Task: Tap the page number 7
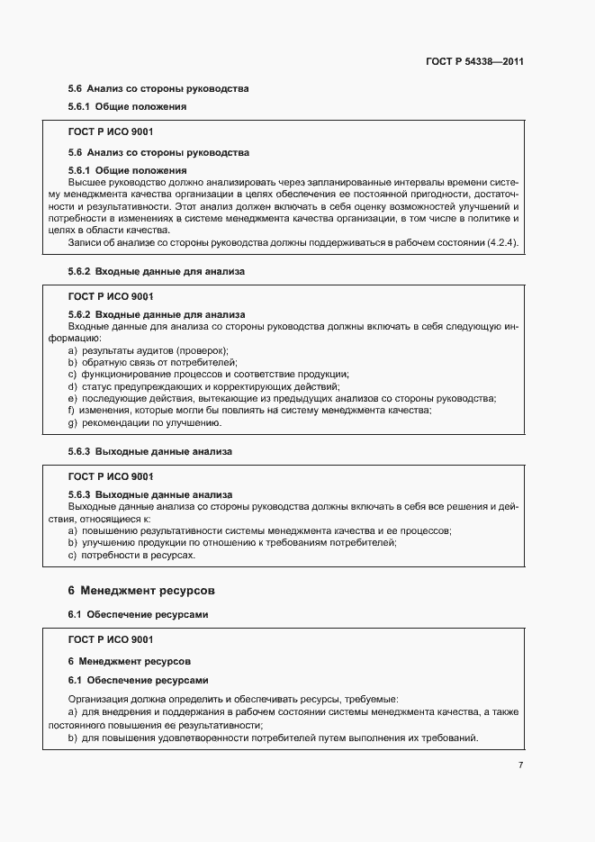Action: tap(521, 765)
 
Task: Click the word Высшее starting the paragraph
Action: tap(86, 182)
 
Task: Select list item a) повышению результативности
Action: tap(260, 531)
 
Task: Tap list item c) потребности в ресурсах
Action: tap(131, 555)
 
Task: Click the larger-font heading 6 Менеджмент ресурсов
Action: tap(143, 592)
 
